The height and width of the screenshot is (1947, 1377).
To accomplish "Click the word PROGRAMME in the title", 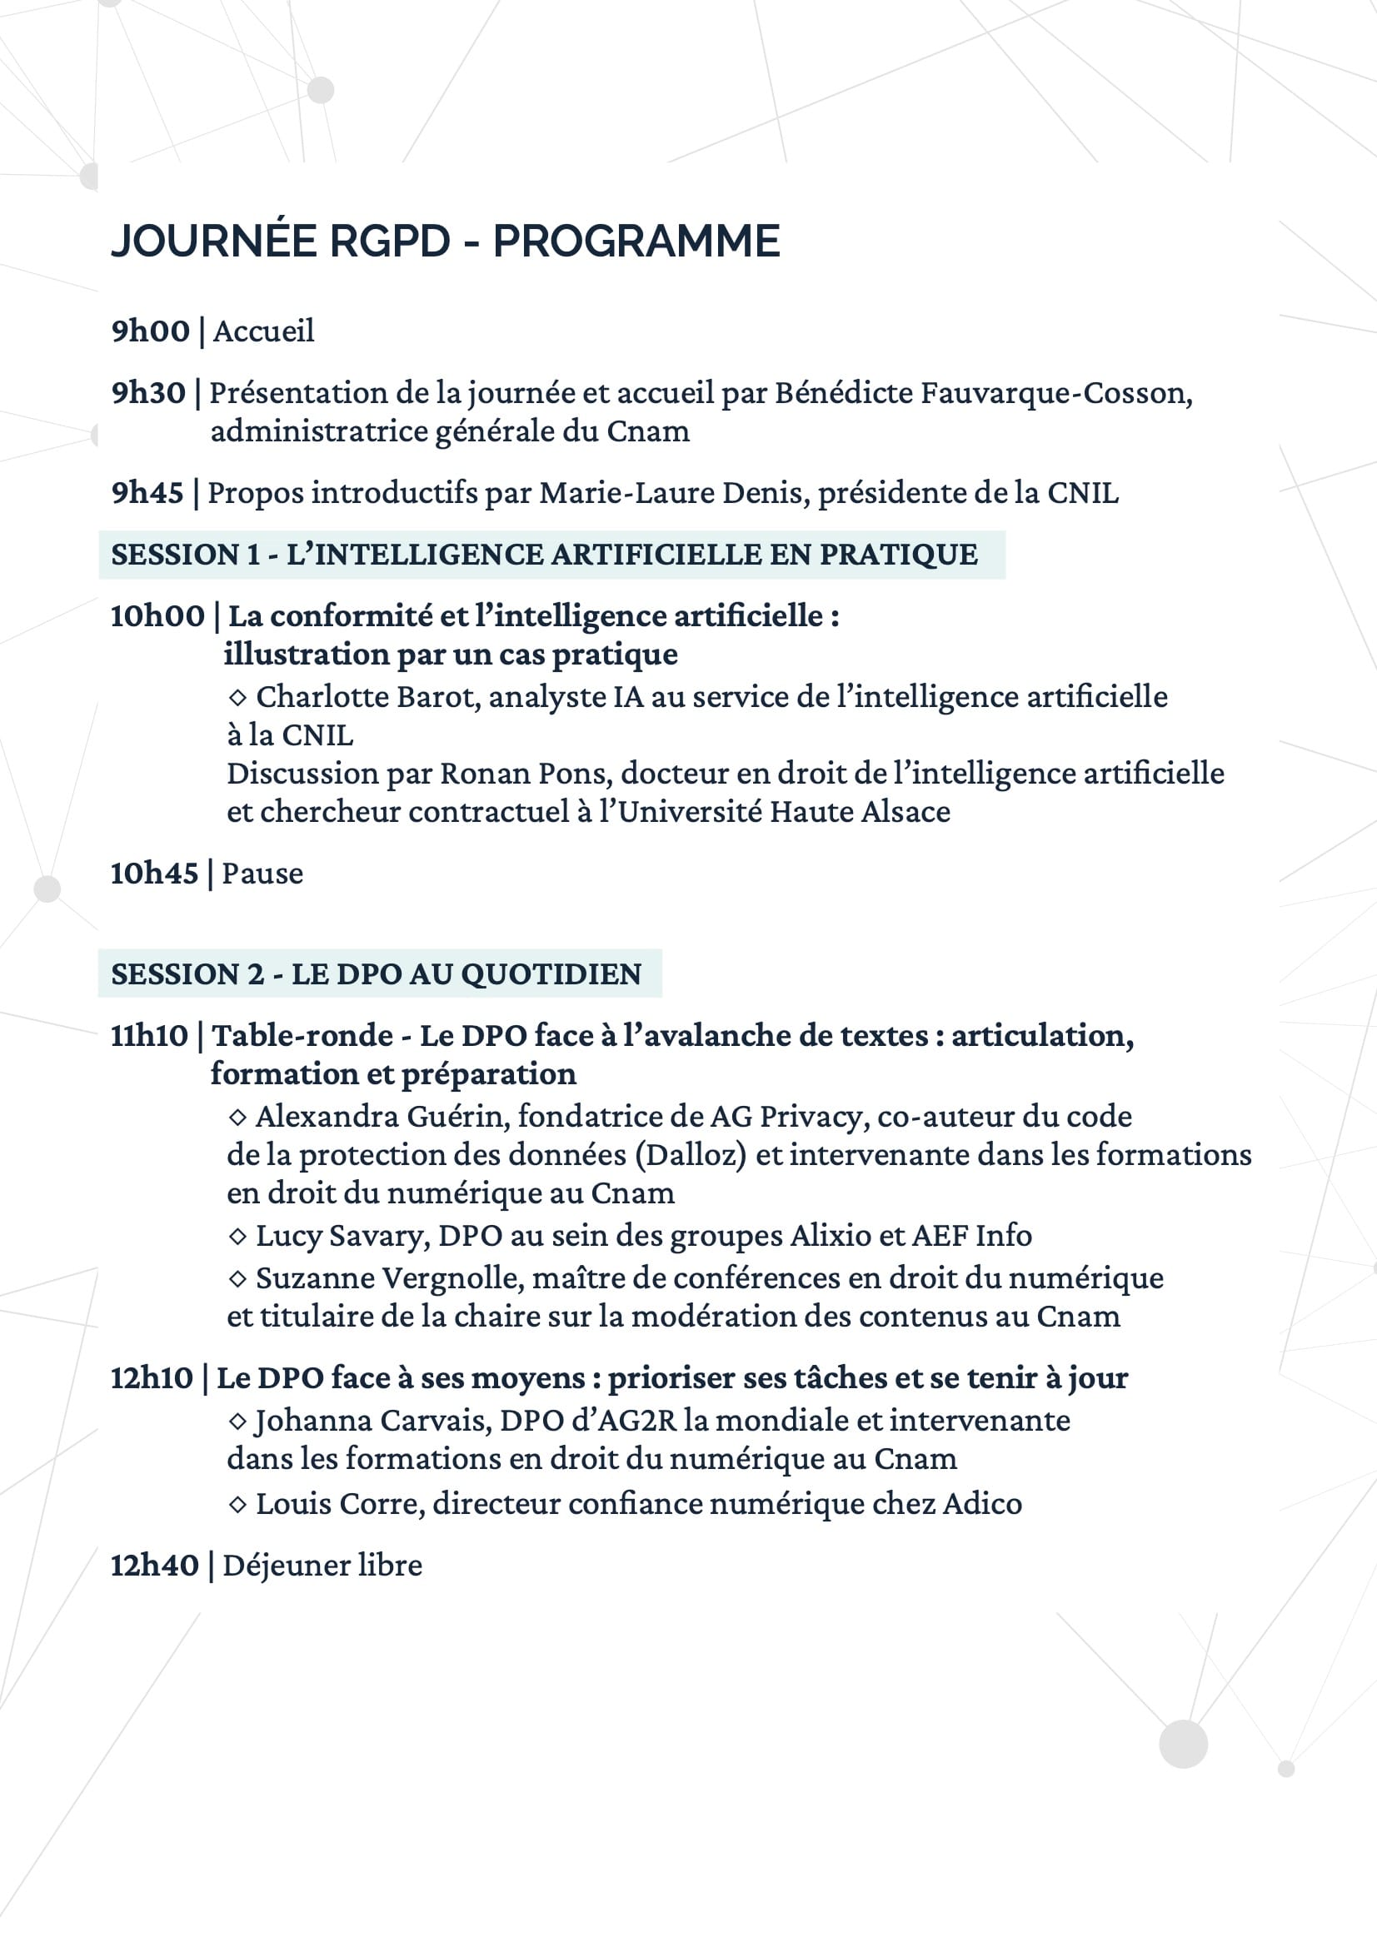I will (636, 241).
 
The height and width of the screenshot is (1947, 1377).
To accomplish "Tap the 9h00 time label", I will (150, 331).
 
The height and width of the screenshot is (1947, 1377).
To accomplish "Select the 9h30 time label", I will (148, 392).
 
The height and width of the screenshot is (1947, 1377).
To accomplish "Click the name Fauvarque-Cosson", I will (1056, 392).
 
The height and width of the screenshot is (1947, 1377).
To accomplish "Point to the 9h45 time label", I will (147, 493).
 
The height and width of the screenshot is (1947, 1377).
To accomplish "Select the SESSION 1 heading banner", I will (551, 555).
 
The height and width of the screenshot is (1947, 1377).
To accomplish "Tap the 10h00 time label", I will (157, 615).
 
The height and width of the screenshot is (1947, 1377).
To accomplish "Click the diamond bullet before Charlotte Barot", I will (237, 697).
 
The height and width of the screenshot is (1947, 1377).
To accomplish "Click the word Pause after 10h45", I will (262, 874).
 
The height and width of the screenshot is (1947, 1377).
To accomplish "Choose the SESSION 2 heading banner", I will (379, 974).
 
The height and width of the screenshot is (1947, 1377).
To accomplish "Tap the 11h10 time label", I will (149, 1035).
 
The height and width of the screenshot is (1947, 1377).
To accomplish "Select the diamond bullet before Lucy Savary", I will (237, 1237).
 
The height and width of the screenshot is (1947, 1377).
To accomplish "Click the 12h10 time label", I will (152, 1378).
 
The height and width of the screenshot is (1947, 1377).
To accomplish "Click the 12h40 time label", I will (154, 1566).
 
